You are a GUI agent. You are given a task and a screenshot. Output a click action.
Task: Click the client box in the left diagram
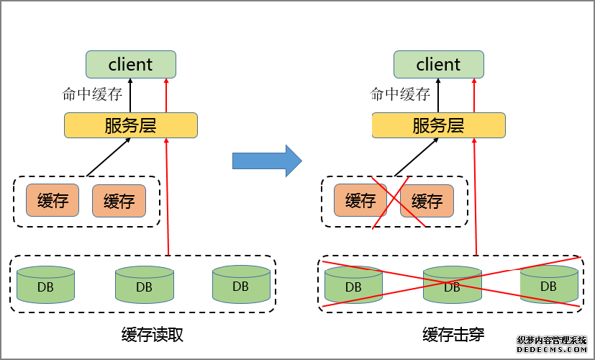pos(130,64)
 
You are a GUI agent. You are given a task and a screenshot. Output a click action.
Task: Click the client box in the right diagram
pos(438,64)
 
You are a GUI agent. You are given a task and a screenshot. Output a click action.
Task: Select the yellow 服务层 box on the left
pos(130,125)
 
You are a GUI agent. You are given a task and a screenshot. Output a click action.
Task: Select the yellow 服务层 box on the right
pos(438,125)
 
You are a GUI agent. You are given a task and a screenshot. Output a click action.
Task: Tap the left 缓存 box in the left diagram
pos(53,201)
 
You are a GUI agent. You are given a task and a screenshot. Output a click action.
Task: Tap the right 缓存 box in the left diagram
pos(119,201)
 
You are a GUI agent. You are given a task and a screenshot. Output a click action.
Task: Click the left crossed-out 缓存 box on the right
pos(360,201)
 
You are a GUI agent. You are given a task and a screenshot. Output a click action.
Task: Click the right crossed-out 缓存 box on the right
pos(427,201)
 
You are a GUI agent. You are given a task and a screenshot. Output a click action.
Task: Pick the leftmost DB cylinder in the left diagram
pos(46,285)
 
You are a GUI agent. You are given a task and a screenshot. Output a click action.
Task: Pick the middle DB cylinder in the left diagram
pos(144,285)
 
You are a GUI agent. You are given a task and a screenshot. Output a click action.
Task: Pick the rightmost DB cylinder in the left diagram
pos(241,284)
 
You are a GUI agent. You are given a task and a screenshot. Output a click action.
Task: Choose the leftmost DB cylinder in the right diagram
pos(353,285)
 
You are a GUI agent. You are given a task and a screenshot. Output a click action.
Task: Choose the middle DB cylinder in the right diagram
pos(452,285)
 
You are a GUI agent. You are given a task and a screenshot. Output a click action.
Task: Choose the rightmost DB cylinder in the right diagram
pos(548,284)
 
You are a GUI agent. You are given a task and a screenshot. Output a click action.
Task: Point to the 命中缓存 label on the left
pos(93,94)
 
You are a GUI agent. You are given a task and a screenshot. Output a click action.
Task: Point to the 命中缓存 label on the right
pos(401,94)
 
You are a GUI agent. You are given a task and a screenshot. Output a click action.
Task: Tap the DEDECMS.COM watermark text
pos(552,349)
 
